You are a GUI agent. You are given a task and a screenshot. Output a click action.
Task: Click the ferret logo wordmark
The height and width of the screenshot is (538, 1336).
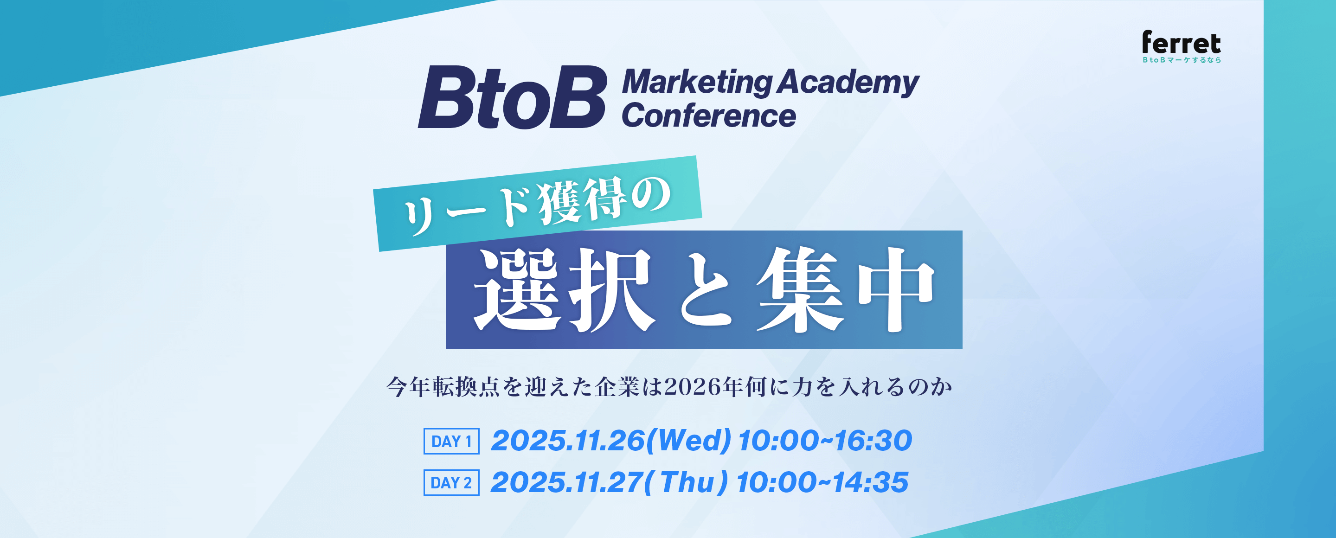click(x=1181, y=43)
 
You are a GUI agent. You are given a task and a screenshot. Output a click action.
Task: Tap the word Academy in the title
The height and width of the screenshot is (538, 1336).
click(x=848, y=83)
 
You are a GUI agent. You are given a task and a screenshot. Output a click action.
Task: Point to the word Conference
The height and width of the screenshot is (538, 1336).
click(x=709, y=115)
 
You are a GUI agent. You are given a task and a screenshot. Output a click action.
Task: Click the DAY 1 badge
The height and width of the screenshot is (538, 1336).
click(x=451, y=441)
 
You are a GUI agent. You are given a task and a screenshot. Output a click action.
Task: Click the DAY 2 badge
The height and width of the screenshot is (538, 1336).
click(x=451, y=482)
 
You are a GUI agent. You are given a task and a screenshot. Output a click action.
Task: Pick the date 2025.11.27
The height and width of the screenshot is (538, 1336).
click(x=567, y=482)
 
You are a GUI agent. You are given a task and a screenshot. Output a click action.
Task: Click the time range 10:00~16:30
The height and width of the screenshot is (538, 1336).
click(x=825, y=441)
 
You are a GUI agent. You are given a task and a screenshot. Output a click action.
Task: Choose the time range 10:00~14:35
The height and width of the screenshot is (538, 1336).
click(x=822, y=482)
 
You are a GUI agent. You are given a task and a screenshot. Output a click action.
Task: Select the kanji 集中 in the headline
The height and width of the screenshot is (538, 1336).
click(x=845, y=290)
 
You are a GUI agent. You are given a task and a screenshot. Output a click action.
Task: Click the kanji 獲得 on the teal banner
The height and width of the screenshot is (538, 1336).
click(x=581, y=202)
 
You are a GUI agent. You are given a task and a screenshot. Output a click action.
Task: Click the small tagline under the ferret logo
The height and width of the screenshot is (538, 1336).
click(x=1182, y=60)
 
